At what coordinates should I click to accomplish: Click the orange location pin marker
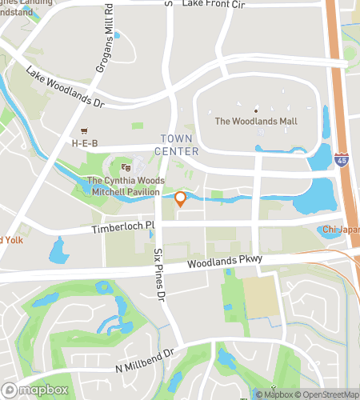click(180, 199)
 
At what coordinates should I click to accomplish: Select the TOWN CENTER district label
click(178, 143)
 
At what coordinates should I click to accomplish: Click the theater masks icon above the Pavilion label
click(125, 167)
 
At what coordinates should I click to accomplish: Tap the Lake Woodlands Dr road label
click(66, 88)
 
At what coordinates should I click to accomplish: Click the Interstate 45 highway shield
click(342, 160)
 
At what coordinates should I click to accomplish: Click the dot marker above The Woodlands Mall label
click(256, 110)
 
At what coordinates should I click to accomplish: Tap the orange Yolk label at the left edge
click(11, 239)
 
